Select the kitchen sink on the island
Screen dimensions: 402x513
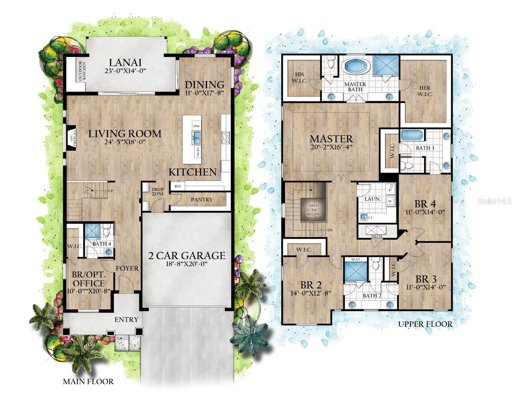point(196,137)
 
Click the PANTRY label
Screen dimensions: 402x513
point(202,200)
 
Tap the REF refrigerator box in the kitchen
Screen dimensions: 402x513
point(178,186)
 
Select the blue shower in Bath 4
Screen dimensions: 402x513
point(92,230)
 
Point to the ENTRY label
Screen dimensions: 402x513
point(126,320)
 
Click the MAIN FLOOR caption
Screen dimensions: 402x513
point(88,382)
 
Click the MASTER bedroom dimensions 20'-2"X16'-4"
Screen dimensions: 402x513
point(331,147)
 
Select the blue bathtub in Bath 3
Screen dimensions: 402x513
point(412,135)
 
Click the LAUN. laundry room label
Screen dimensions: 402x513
point(372,199)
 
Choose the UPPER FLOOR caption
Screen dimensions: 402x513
point(425,324)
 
